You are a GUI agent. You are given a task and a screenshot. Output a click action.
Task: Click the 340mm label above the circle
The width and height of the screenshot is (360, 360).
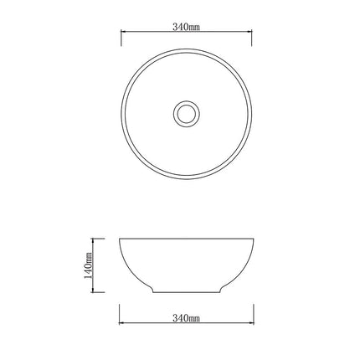point(186,27)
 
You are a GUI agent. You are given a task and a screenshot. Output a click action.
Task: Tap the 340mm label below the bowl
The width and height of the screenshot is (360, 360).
point(186,319)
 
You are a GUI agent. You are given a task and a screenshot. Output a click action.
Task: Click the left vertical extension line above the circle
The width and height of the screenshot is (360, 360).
point(121,38)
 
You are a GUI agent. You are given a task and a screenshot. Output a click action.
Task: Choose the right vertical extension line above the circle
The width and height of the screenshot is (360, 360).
point(252,38)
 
